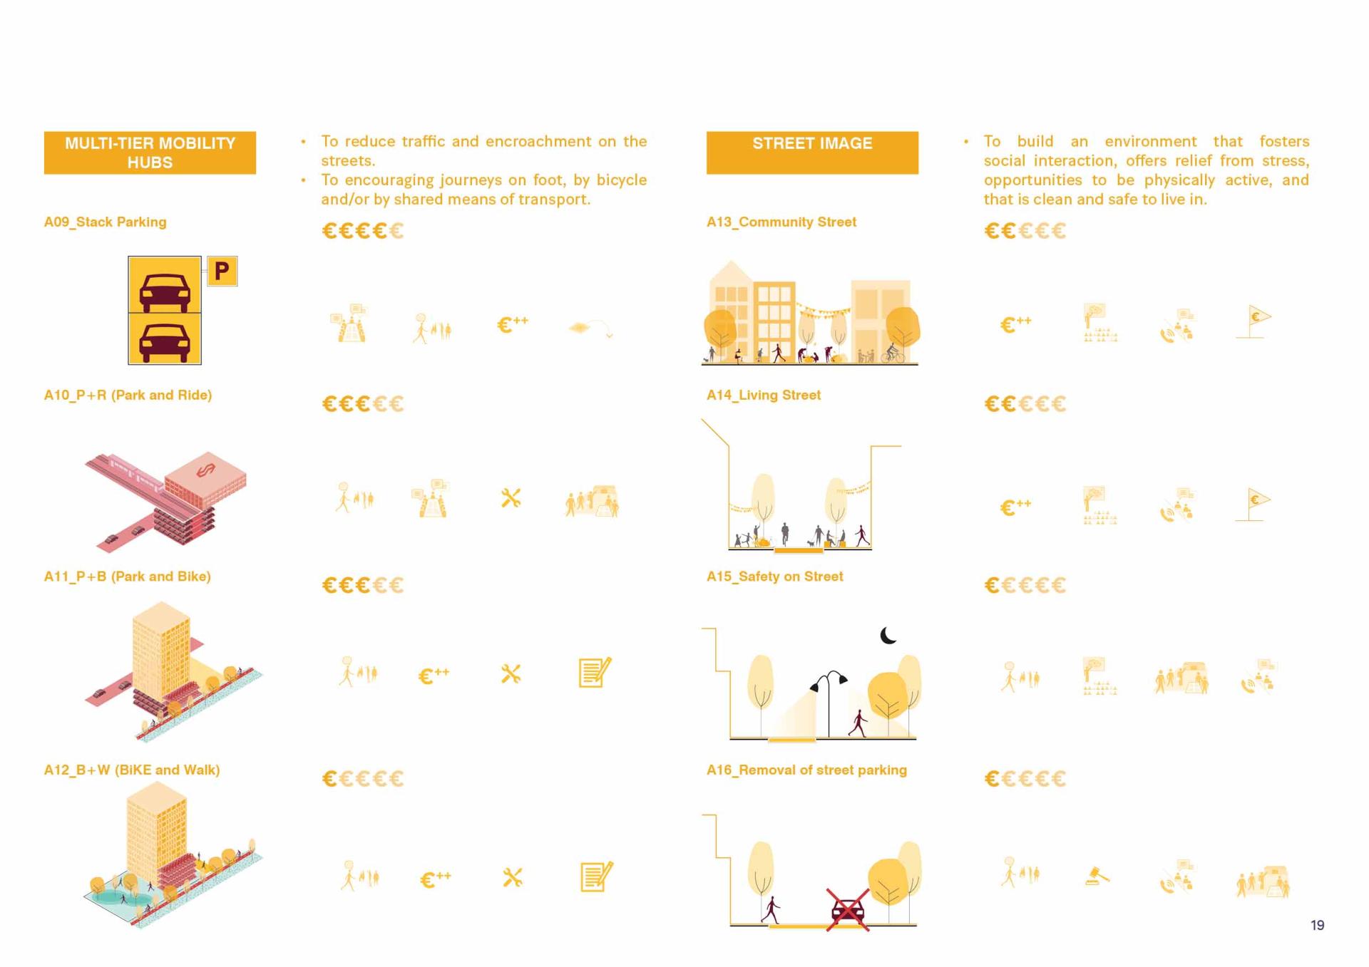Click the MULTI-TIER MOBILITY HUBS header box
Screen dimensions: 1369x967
[150, 152]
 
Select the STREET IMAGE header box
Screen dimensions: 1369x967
[812, 152]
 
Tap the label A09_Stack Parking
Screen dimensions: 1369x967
[106, 222]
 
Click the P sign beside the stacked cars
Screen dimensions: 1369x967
[222, 271]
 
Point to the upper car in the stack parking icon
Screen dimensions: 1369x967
[165, 291]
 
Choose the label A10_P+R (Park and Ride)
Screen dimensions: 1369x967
[128, 395]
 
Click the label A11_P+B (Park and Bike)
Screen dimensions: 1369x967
[128, 576]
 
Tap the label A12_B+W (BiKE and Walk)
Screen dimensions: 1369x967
[132, 770]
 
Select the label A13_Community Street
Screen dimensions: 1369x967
[781, 222]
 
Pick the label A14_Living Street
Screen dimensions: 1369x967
[764, 395]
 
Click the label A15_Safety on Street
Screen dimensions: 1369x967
[775, 576]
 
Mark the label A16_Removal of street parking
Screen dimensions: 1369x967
[806, 770]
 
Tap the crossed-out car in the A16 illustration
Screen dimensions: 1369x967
[848, 910]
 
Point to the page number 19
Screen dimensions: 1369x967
[1318, 925]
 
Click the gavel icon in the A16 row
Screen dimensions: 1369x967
[1097, 876]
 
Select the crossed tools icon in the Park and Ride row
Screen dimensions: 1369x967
[511, 498]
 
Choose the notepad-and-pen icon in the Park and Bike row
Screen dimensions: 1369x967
[595, 672]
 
